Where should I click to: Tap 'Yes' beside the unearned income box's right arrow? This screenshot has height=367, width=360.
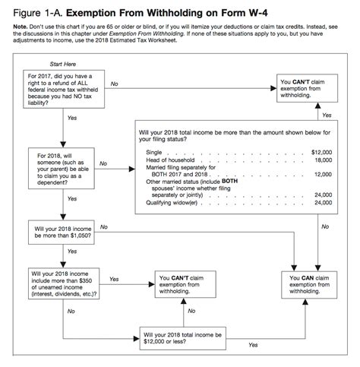[114, 279]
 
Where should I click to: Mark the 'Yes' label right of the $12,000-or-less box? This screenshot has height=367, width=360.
[252, 344]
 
